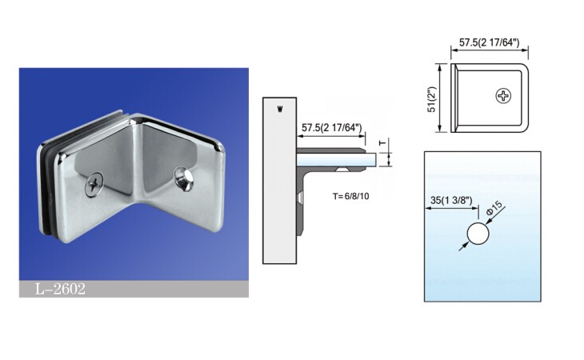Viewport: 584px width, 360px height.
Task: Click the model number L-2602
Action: coord(60,289)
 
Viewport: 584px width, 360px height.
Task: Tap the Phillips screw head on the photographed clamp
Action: coord(94,183)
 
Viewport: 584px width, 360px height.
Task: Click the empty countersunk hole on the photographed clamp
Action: coord(183,179)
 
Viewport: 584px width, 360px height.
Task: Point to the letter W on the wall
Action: coord(280,110)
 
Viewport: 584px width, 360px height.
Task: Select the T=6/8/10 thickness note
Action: coord(351,196)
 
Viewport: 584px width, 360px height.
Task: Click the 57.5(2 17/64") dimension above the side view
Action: coord(332,128)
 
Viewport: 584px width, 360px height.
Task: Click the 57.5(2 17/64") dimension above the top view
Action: coord(489,42)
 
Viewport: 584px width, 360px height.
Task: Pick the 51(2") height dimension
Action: coord(432,99)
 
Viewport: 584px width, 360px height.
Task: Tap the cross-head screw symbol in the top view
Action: coord(503,96)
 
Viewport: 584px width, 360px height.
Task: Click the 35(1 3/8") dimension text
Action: coord(451,200)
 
